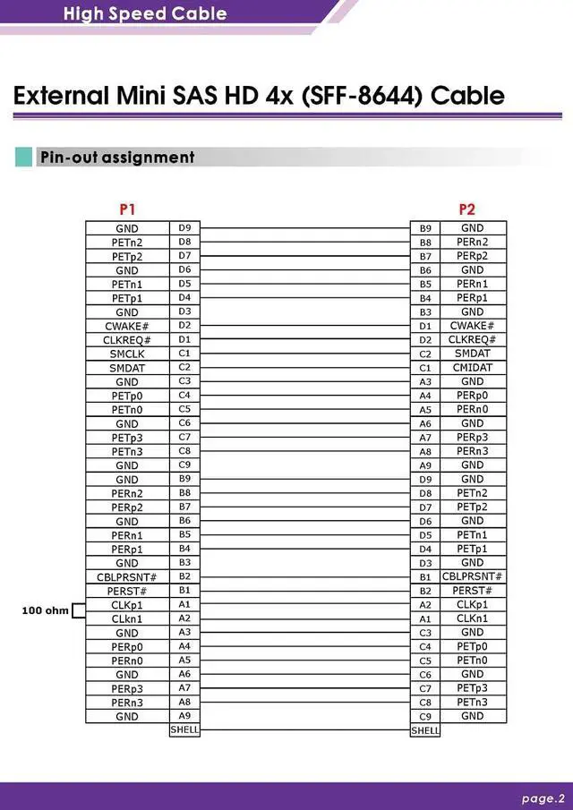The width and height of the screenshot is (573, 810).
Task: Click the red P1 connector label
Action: pyautogui.click(x=127, y=209)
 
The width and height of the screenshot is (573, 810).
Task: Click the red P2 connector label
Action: pyautogui.click(x=466, y=209)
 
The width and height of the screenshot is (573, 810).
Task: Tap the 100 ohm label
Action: pyautogui.click(x=45, y=611)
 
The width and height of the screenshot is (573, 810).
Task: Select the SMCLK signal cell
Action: pyautogui.click(x=127, y=354)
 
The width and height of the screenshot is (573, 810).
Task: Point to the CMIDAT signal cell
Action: pyautogui.click(x=473, y=368)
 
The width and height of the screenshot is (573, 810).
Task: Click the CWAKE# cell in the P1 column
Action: pyautogui.click(x=127, y=327)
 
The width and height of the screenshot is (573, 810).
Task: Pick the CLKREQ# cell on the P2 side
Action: pyautogui.click(x=473, y=340)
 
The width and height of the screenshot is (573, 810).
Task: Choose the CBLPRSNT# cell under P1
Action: pyautogui.click(x=127, y=577)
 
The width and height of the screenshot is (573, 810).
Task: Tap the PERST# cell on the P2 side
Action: pyautogui.click(x=473, y=591)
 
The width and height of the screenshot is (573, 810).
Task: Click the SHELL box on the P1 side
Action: pyautogui.click(x=184, y=729)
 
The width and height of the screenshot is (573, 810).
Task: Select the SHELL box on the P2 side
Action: pyautogui.click(x=424, y=730)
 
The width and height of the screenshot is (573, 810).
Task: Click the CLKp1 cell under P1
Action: pyautogui.click(x=127, y=605)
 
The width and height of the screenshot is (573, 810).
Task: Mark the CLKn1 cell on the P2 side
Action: pyautogui.click(x=473, y=618)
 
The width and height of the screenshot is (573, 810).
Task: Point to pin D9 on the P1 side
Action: pyautogui.click(x=184, y=228)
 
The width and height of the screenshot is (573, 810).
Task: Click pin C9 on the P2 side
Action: pyautogui.click(x=425, y=717)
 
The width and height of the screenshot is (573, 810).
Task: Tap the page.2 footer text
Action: pyautogui.click(x=543, y=798)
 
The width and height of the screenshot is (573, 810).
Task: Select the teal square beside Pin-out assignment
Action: pyautogui.click(x=24, y=158)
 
